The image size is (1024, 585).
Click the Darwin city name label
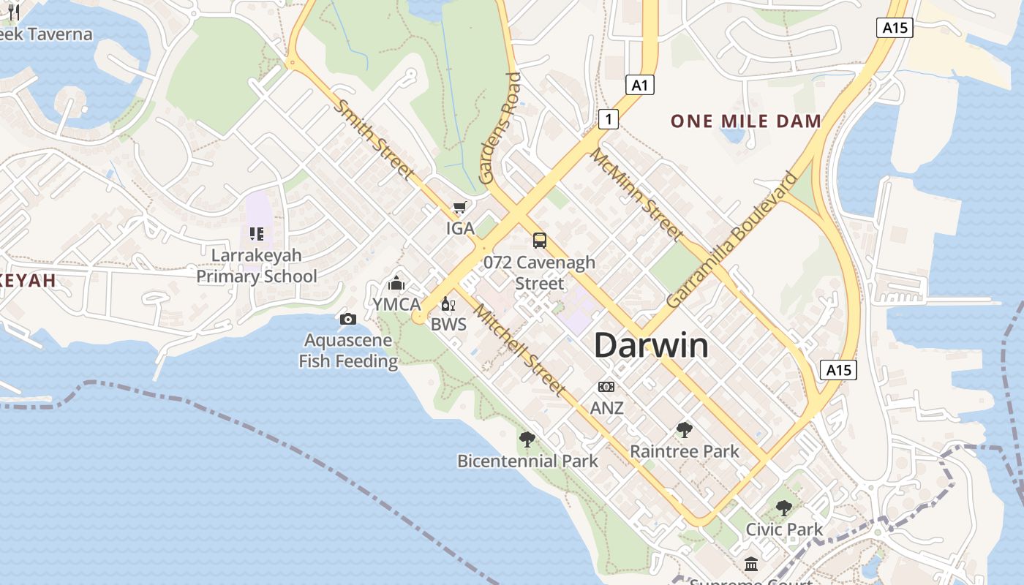point(651,345)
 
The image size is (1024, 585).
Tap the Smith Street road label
point(374,139)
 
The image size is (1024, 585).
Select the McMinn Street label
point(637,195)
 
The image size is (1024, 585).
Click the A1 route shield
point(640,86)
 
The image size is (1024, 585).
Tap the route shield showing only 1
point(608,118)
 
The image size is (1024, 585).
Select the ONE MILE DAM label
point(746,121)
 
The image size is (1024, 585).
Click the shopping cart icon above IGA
point(459,208)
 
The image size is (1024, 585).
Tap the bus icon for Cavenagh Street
point(540,240)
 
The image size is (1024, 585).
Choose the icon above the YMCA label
point(396,283)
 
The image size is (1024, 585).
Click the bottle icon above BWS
point(448,303)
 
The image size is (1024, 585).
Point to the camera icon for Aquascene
point(348,319)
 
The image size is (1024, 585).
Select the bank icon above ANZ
point(606,387)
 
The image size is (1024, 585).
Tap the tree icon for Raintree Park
point(685,429)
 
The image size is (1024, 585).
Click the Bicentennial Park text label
point(527,461)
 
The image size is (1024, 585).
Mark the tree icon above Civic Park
point(784,507)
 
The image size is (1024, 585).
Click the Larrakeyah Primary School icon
point(256,234)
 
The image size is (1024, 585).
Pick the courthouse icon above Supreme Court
point(751,564)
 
